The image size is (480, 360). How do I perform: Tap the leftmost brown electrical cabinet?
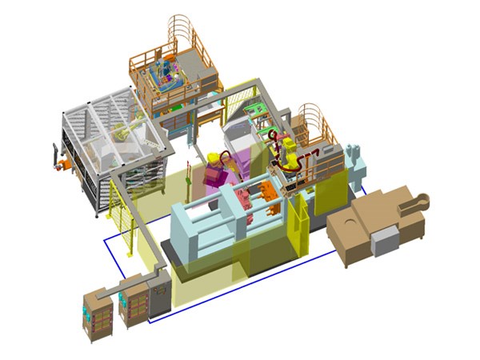pyautogui.click(x=95, y=315)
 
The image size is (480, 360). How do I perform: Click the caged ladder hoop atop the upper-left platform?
pyautogui.click(x=182, y=30)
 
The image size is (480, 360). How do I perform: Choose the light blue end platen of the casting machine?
pyautogui.click(x=190, y=232)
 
